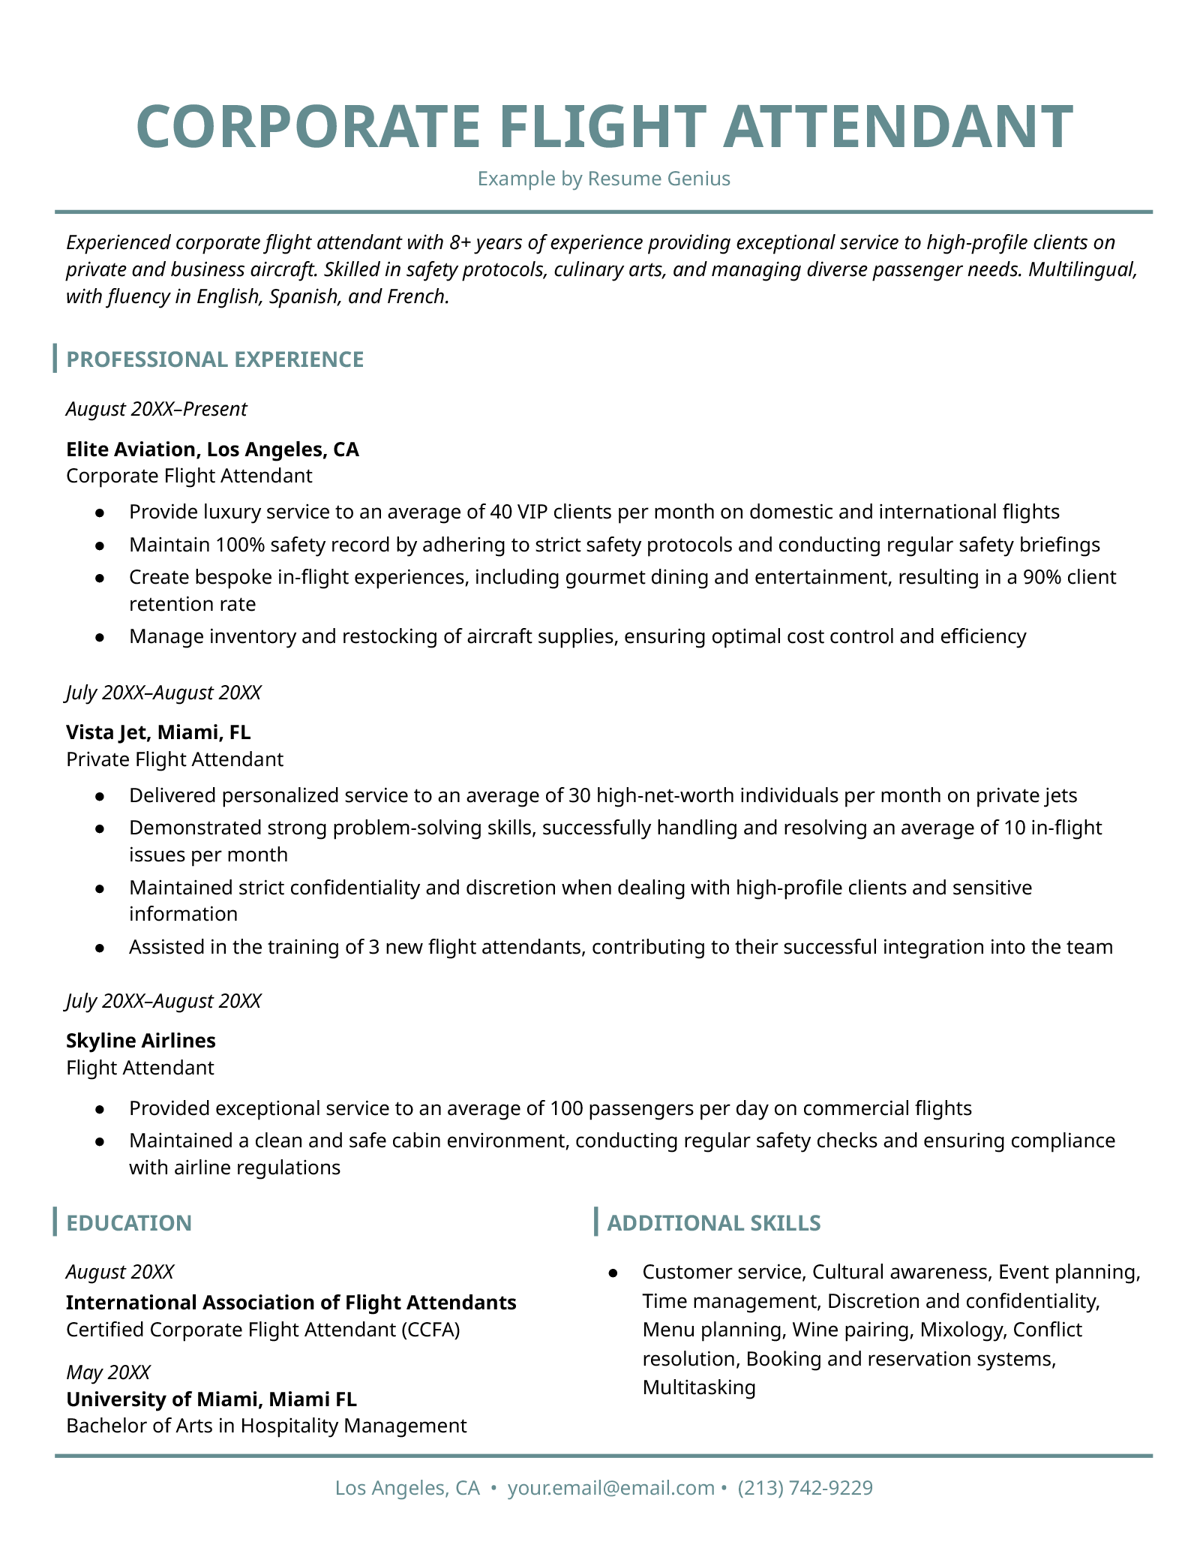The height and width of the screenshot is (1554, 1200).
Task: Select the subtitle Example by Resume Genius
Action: coord(604,179)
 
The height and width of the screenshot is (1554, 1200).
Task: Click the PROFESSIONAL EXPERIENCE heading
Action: coord(214,359)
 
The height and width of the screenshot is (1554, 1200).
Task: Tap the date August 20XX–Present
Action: coord(156,409)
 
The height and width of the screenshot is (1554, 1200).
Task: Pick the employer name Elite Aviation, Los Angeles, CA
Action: coord(212,449)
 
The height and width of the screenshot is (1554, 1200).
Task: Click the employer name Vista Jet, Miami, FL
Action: coord(158,732)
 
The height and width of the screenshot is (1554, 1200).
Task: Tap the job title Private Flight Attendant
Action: coord(175,759)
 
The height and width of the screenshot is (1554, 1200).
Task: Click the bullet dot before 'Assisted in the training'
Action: coord(99,948)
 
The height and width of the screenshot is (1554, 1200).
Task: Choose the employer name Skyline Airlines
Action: coord(141,1041)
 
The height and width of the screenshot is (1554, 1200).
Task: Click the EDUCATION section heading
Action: coord(129,1223)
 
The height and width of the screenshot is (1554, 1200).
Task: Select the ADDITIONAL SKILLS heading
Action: coord(713,1223)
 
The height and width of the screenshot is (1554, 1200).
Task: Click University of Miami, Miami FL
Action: coord(211,1399)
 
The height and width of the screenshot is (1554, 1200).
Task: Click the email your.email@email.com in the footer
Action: coord(610,1488)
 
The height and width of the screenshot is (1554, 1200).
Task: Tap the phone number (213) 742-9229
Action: coord(805,1488)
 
